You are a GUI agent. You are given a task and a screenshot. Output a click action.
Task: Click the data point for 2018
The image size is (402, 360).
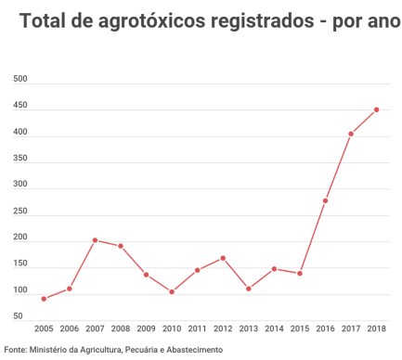376,109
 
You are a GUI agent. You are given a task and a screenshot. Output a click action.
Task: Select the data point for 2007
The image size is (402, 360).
95,240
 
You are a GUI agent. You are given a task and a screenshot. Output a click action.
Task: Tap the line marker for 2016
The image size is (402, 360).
325,200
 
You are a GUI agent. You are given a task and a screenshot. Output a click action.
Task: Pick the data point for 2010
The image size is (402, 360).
172,292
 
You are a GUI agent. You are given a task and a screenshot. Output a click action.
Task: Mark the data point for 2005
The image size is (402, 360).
44,299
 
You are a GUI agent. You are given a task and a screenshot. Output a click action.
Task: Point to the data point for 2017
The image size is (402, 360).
351,134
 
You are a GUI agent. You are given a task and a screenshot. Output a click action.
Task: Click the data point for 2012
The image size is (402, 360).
223,258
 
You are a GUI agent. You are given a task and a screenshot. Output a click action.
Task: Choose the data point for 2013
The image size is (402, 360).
249,289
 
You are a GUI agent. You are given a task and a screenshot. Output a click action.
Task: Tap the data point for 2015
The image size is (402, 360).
300,274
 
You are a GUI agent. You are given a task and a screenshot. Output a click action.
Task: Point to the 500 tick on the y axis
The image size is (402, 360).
19,80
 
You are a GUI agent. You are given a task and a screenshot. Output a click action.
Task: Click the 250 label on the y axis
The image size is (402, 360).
19,212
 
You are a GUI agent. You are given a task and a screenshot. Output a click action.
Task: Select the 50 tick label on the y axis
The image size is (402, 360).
18,316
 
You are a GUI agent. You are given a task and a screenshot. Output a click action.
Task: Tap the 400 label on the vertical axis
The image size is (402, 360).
19,133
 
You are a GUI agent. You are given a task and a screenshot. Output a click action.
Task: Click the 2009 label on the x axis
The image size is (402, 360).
146,328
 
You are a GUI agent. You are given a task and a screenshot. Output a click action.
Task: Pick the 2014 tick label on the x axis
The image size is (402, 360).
274,328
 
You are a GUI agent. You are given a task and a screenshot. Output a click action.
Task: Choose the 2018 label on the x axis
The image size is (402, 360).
376,328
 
